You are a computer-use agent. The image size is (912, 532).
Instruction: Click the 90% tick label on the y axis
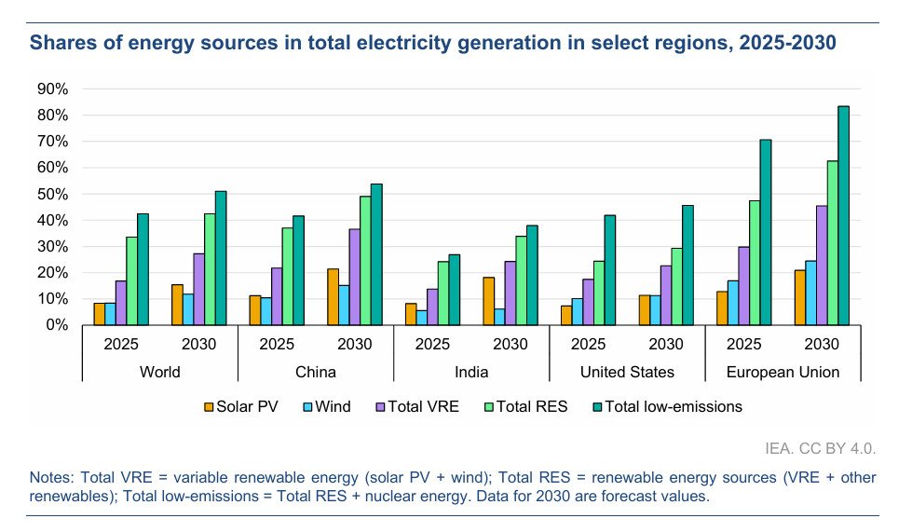coord(52,89)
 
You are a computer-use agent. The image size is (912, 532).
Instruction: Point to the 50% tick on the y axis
coord(52,194)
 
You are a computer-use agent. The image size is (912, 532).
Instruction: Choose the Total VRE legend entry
coord(417,406)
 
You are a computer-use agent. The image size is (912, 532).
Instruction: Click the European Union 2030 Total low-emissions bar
coord(843,215)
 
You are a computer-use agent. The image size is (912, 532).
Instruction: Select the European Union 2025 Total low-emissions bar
coord(766,232)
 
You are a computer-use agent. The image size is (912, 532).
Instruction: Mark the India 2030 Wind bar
coord(499,317)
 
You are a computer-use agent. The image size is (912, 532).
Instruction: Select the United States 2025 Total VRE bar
coord(588,302)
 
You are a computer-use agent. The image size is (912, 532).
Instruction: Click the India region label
coord(470,372)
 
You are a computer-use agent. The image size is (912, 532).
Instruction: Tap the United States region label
coord(627,372)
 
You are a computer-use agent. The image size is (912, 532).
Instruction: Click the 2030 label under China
coord(355,344)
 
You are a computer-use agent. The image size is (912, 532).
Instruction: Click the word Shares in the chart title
coord(59,42)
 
